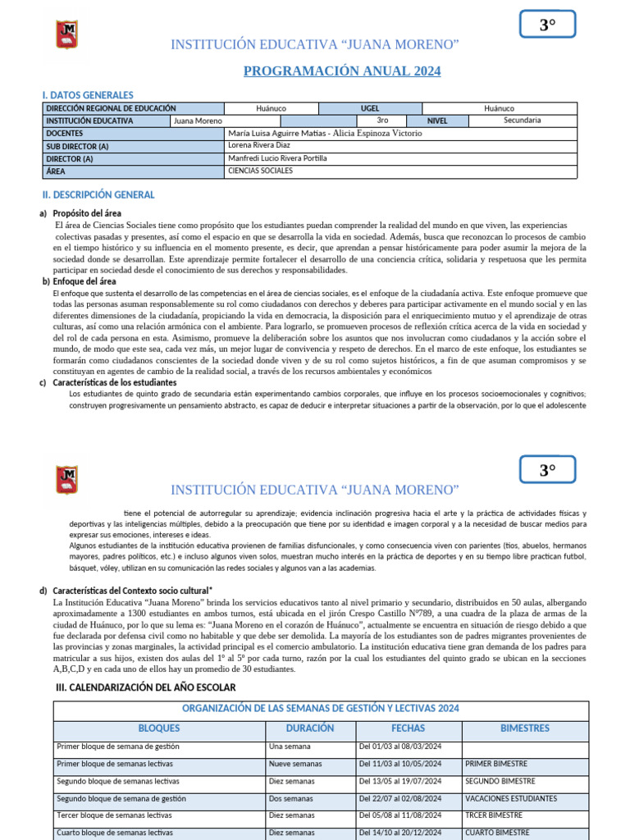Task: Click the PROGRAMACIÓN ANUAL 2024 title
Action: (342, 71)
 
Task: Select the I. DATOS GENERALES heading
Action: (88, 95)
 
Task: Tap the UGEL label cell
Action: (370, 108)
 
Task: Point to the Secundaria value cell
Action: (522, 121)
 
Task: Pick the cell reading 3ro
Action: (382, 121)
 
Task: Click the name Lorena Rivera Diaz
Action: (259, 145)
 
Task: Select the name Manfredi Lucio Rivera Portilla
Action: (277, 157)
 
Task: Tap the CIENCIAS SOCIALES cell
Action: (260, 171)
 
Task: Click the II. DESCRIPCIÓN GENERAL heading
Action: (98, 195)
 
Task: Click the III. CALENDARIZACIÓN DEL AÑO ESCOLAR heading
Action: (144, 687)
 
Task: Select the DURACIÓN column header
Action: (310, 728)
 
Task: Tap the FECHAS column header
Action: (408, 728)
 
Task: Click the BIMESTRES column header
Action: (525, 728)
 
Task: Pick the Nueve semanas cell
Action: (295, 764)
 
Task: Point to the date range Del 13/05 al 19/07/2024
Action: (400, 781)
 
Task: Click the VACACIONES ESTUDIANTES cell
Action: (511, 798)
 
